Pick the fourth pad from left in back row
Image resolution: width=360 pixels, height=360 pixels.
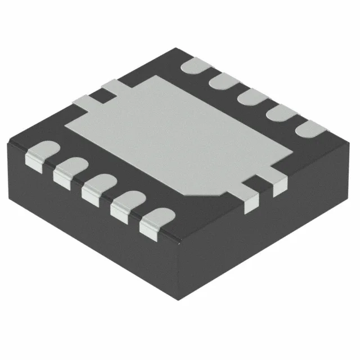coord(280,112)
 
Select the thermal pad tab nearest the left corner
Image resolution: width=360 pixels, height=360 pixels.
coord(84,101)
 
